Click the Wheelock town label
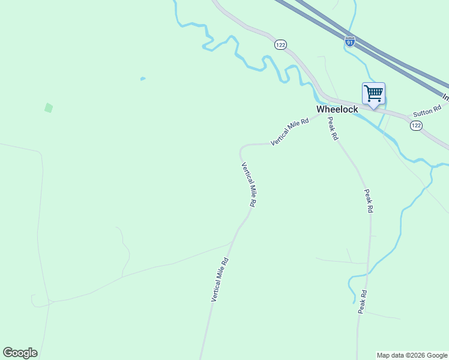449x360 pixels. click(x=337, y=109)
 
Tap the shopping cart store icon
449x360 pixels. click(x=373, y=94)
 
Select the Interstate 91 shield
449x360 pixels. click(x=350, y=41)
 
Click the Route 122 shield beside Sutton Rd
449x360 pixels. click(x=416, y=125)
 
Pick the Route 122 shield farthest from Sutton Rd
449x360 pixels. click(x=280, y=45)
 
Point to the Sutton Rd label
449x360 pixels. click(x=427, y=111)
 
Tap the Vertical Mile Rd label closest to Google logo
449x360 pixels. click(x=220, y=279)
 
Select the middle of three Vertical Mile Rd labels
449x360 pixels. click(x=249, y=185)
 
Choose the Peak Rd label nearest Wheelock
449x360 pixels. click(x=333, y=128)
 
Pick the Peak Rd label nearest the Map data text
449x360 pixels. click(x=362, y=302)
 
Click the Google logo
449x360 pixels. click(x=20, y=353)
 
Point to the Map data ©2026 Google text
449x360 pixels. click(x=412, y=355)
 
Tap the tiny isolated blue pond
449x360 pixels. click(x=142, y=79)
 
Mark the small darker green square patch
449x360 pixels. click(x=49, y=108)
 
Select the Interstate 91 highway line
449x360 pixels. click(x=384, y=54)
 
